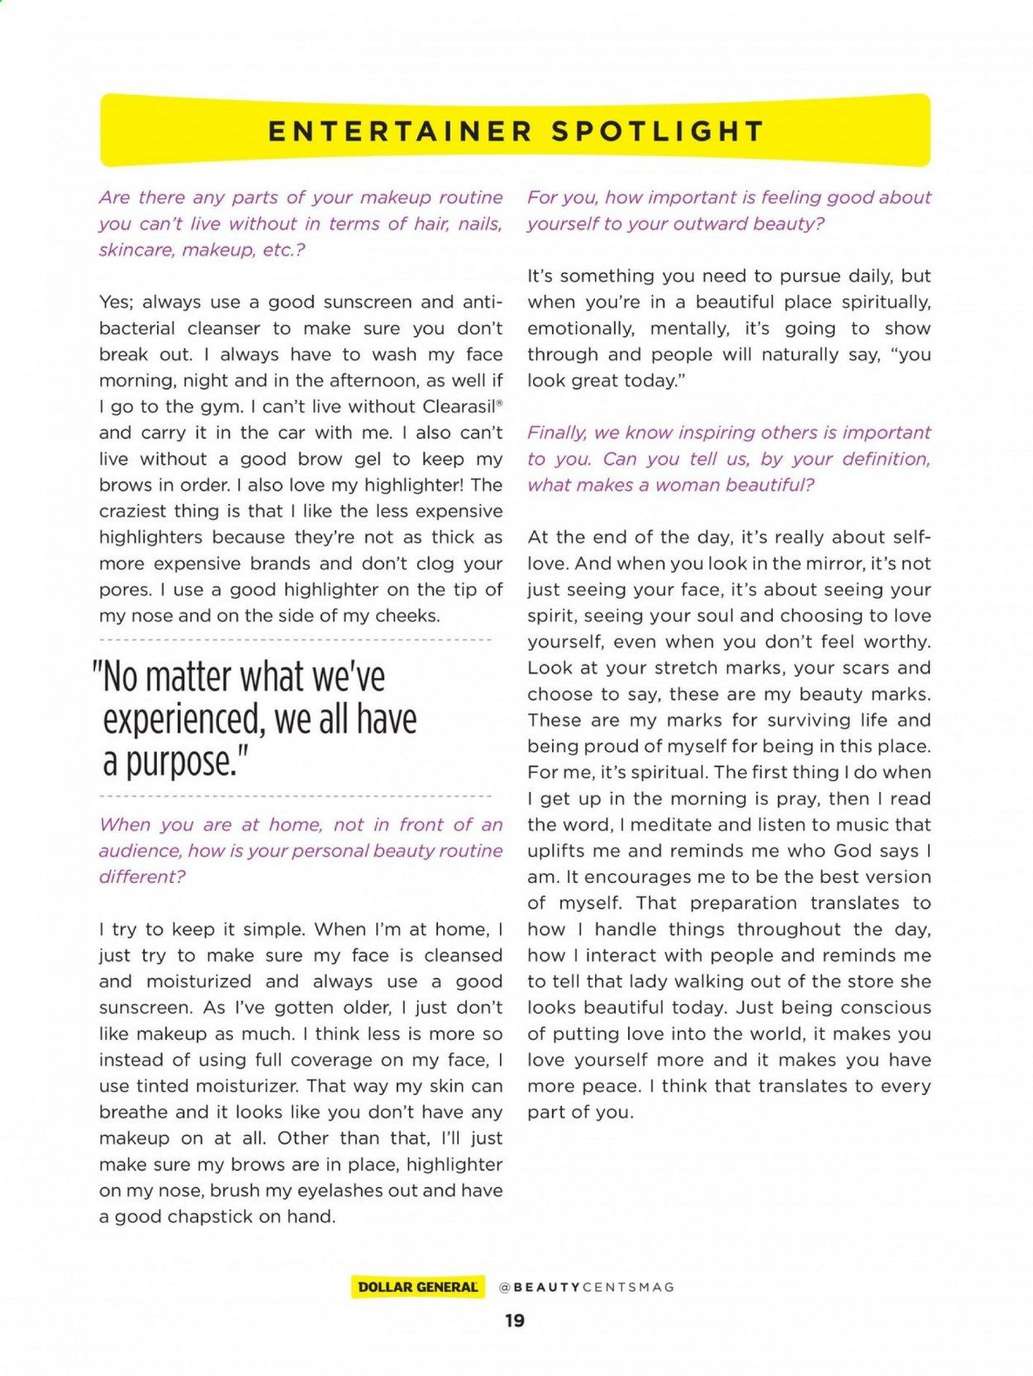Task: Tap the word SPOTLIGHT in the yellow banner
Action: click(x=658, y=132)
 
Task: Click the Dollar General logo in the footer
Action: click(x=418, y=1287)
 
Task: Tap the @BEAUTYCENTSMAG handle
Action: click(x=587, y=1287)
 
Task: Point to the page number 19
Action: click(x=515, y=1321)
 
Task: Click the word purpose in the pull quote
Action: click(x=174, y=762)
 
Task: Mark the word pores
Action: click(x=125, y=590)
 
